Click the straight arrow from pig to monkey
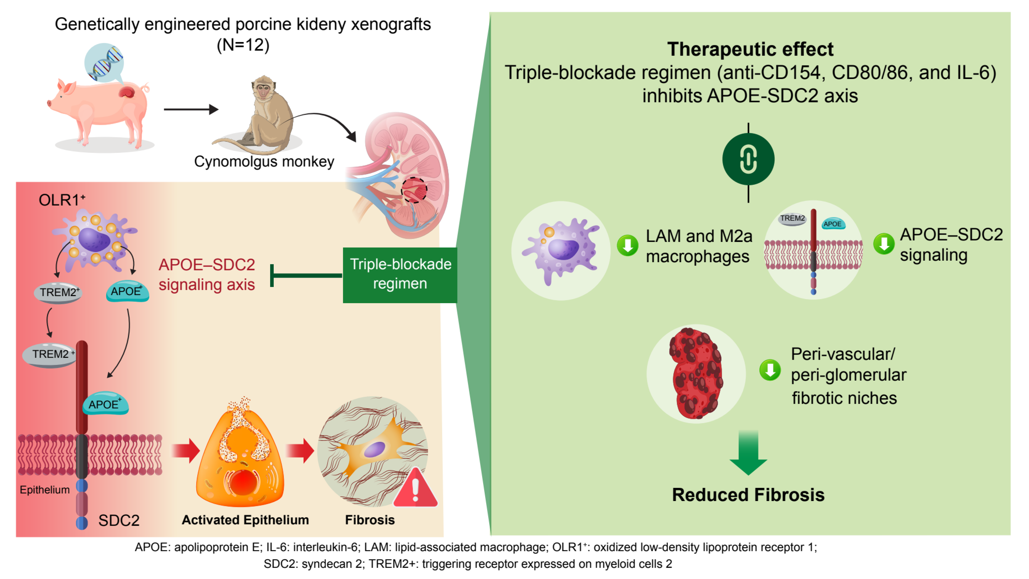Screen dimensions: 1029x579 tap(191, 109)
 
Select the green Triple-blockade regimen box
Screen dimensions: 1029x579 tap(400, 275)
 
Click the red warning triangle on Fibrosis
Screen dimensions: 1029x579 tap(415, 487)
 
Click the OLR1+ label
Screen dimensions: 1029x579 tap(62, 200)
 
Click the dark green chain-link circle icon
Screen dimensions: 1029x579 tap(748, 159)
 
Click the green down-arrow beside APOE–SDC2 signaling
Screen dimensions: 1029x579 tap(884, 243)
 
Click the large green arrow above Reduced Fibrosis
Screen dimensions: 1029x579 tap(748, 453)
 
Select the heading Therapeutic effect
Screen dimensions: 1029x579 tap(750, 49)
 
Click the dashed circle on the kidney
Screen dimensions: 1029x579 tap(414, 190)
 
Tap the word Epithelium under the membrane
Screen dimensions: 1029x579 tap(45, 490)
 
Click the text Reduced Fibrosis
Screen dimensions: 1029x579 tap(748, 495)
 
